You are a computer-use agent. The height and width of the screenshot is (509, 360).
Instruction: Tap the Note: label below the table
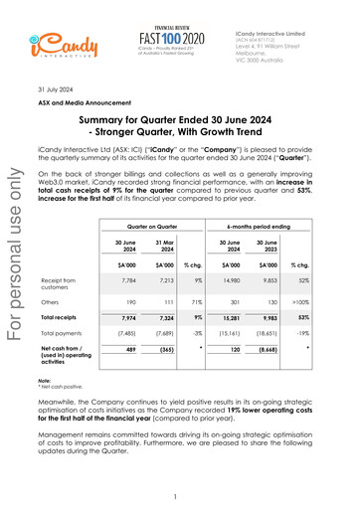[x=72, y=381]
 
